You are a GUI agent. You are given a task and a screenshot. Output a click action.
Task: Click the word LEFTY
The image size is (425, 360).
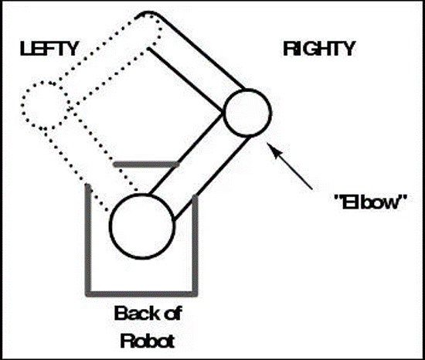click(x=49, y=49)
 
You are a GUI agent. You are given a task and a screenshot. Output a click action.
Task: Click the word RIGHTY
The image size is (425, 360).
click(x=319, y=49)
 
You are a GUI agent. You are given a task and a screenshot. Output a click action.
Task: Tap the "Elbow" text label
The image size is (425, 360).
click(x=371, y=202)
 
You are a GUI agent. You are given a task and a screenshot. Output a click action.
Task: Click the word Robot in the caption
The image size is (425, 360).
click(x=148, y=341)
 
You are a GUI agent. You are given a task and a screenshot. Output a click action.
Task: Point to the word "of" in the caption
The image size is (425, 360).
click(x=172, y=314)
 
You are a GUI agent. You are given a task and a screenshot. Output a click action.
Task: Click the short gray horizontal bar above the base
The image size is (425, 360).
click(x=147, y=164)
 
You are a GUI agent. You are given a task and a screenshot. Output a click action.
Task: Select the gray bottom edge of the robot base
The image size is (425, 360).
click(x=141, y=294)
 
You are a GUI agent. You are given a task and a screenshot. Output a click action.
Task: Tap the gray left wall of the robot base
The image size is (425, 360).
click(x=88, y=239)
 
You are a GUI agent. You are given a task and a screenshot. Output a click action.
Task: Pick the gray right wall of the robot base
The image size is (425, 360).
click(x=195, y=245)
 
